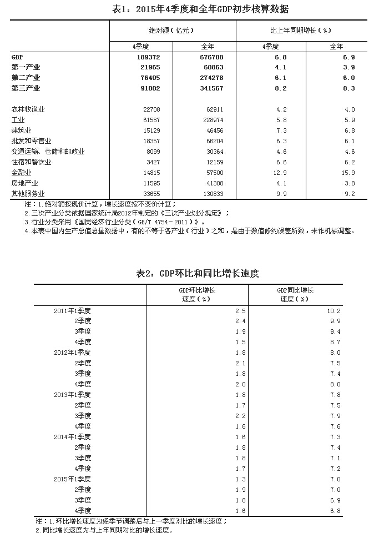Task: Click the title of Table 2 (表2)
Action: [x=198, y=273]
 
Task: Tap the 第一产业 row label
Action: [x=26, y=67]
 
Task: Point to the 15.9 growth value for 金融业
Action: [x=348, y=173]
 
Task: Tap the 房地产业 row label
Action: [x=24, y=183]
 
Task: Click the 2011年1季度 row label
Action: [x=73, y=310]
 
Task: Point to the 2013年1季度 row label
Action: [x=73, y=395]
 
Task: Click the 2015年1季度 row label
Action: [x=73, y=479]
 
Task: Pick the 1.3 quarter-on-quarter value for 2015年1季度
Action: [x=240, y=479]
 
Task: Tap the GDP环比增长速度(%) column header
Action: [x=197, y=294]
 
